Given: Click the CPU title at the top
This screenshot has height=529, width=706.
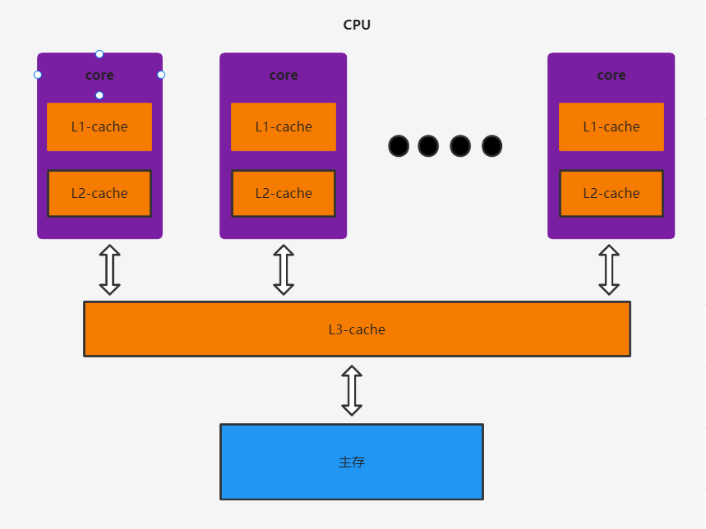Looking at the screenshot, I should point(357,25).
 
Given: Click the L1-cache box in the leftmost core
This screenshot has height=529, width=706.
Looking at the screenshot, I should point(99,126).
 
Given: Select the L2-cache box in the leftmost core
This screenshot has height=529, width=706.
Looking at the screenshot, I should point(99,193).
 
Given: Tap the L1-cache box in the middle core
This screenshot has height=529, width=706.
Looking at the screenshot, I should point(284,126).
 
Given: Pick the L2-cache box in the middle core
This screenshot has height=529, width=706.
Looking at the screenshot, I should point(284,193).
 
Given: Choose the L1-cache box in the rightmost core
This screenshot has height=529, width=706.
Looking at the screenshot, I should point(611,126).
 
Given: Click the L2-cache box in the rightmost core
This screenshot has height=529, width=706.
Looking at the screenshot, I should point(611,193).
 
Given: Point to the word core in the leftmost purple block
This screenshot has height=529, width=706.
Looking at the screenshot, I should point(99,75).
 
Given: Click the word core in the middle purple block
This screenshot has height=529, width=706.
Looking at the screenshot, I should point(284,75).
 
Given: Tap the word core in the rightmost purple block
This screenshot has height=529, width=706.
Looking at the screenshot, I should point(611,75).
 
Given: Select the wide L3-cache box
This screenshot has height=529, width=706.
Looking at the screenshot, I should point(357,329).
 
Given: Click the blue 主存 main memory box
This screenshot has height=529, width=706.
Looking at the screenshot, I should point(352,462).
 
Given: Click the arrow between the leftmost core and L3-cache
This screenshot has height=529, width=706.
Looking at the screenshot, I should point(109,269).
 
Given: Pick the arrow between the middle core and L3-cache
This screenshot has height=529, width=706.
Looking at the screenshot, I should point(284,269).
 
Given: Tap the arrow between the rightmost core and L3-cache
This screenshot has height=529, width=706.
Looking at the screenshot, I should point(609,269).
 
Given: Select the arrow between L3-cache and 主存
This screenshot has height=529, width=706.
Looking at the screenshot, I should point(352,390).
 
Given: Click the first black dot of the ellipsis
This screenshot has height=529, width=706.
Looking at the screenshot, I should point(399,146).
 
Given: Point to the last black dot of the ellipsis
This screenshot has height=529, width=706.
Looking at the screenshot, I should point(491,146).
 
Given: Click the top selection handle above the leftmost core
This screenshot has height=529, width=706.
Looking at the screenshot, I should point(99,54).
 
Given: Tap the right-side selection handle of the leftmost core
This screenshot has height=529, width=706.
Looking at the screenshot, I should point(161,75).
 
